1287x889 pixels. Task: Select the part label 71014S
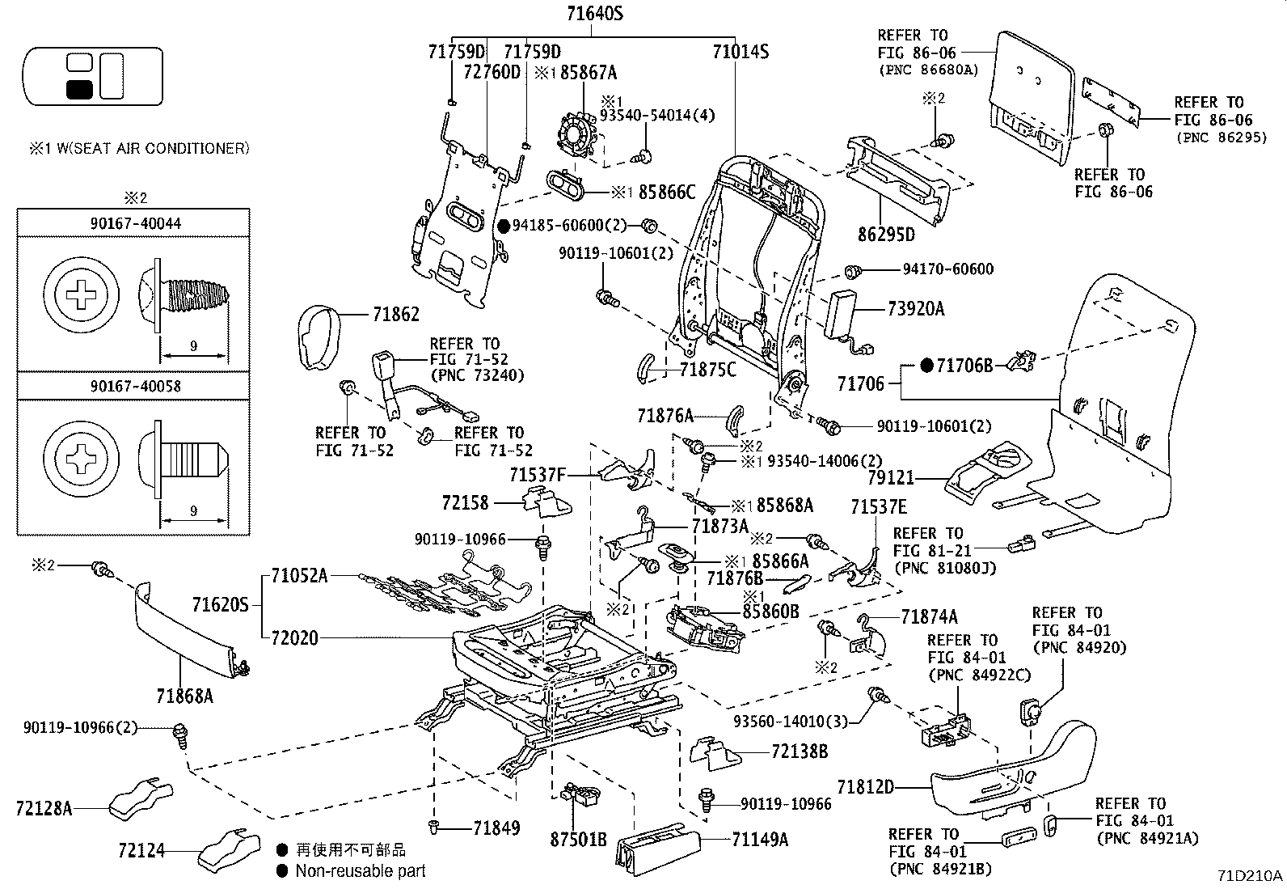pos(741,53)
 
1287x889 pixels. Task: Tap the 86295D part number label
pos(885,235)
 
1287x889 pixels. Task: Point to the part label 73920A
pos(915,309)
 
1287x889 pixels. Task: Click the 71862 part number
pos(396,315)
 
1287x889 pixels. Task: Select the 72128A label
pos(44,807)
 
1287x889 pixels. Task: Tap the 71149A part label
pos(759,839)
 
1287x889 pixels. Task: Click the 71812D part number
pos(866,786)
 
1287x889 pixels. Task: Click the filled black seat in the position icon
pos(78,88)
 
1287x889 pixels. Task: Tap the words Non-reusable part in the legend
pos(360,871)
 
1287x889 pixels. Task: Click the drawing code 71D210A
pos(1251,875)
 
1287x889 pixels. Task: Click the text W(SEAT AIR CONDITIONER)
pos(150,148)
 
